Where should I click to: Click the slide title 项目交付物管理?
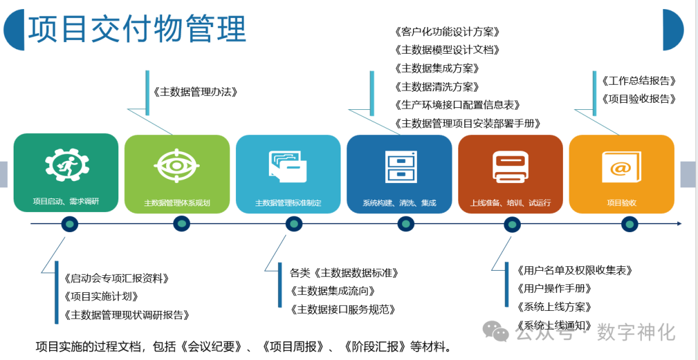(x=137, y=29)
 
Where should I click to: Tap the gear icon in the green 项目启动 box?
(x=67, y=164)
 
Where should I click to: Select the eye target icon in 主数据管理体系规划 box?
(x=176, y=165)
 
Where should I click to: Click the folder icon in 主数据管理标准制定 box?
(x=288, y=166)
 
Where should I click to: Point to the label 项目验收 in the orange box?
(x=621, y=203)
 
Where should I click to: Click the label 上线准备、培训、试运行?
(x=511, y=203)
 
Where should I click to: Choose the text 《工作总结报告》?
(x=639, y=81)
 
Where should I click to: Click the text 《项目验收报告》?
(x=639, y=99)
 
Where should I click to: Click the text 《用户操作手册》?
(x=554, y=288)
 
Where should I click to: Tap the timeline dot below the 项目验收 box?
(x=629, y=224)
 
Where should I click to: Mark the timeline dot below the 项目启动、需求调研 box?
(x=70, y=224)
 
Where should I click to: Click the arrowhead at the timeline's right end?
(x=679, y=224)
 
